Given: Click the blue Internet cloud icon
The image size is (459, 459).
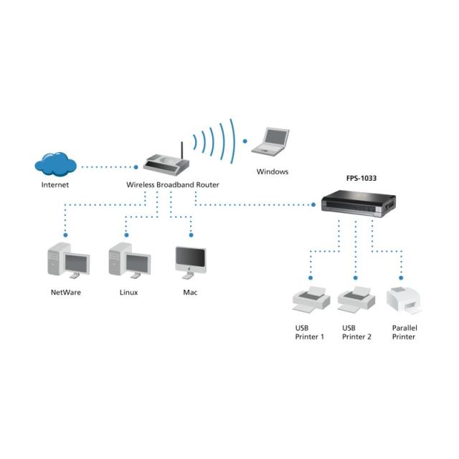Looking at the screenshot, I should [x=55, y=164].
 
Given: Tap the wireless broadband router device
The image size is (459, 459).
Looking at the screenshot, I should [x=167, y=164].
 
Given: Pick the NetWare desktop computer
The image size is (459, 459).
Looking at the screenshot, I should [x=67, y=260].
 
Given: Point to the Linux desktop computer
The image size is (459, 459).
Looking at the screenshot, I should [x=129, y=260].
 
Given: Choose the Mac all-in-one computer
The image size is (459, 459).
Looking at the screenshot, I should [x=191, y=262].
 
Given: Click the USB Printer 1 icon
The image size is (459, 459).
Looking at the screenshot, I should [x=310, y=298].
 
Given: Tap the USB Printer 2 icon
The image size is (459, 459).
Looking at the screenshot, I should [x=356, y=298].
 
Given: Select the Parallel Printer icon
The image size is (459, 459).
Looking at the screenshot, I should [x=404, y=300].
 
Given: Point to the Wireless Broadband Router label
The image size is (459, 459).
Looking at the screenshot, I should [x=173, y=185].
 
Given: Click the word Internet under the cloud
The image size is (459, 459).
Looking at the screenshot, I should [x=55, y=185].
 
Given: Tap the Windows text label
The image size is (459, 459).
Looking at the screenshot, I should [x=273, y=172].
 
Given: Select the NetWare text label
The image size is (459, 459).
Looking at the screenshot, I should [x=66, y=293].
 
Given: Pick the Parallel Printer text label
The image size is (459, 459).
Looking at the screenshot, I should [x=404, y=332].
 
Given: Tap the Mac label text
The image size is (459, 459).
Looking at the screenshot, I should [x=190, y=293].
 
